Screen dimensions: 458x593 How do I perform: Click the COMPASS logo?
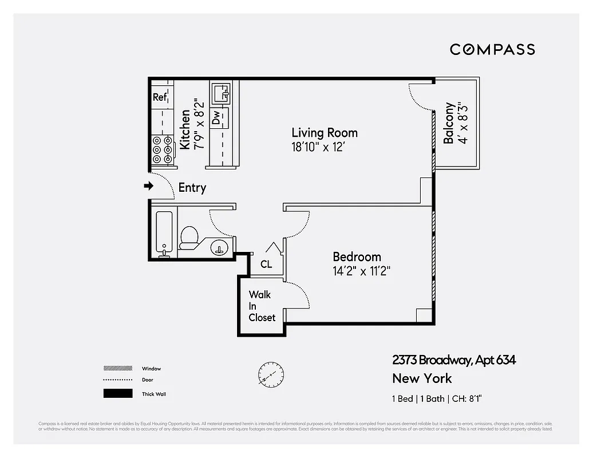tap(492, 49)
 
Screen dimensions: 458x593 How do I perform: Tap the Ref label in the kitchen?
tap(160, 97)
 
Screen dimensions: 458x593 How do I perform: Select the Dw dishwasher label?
tap(216, 118)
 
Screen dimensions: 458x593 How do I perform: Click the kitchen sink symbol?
tap(221, 93)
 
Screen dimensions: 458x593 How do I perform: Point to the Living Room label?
tap(324, 133)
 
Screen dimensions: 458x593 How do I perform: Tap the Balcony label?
tap(450, 123)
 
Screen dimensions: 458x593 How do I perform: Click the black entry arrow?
tap(149, 186)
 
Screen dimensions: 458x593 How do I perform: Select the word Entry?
tap(192, 188)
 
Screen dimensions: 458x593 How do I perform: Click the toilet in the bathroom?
tap(189, 236)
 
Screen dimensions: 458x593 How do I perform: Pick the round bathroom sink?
tap(219, 248)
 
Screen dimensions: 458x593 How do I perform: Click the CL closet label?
tap(266, 264)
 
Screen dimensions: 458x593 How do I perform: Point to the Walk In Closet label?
tap(262, 306)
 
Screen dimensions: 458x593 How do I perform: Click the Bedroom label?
tap(357, 257)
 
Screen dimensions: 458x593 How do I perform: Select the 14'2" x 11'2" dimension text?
tap(361, 271)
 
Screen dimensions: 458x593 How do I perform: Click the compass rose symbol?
tap(270, 375)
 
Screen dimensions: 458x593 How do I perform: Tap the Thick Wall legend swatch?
tap(117, 394)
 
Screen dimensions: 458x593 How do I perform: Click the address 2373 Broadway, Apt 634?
tap(453, 360)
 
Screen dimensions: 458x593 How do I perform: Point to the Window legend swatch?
tap(117, 368)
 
